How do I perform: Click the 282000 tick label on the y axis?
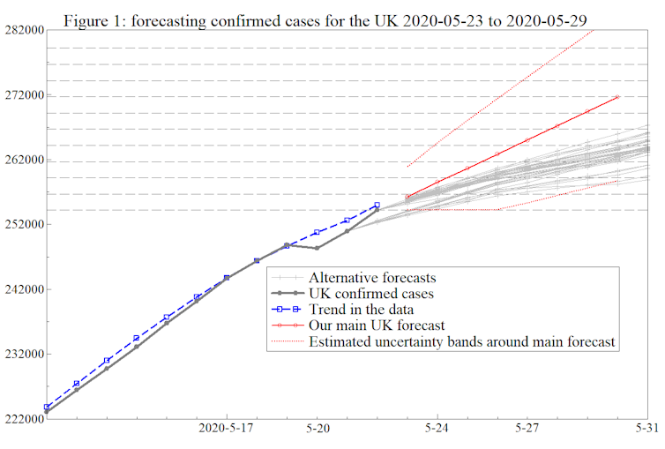pos(23,30)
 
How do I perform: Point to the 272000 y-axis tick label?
pos(23,95)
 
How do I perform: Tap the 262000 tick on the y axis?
pos(23,161)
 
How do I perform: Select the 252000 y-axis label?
pos(23,225)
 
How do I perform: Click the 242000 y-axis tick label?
pos(23,289)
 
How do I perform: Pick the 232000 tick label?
pos(23,355)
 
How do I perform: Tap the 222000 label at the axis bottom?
pos(23,419)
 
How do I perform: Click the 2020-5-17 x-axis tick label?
pos(228,428)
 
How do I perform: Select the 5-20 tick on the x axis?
pos(318,428)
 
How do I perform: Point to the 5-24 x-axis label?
pos(437,428)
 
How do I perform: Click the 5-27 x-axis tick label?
pos(527,428)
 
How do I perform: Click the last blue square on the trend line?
pos(377,206)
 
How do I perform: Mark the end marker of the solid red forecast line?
pos(617,96)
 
